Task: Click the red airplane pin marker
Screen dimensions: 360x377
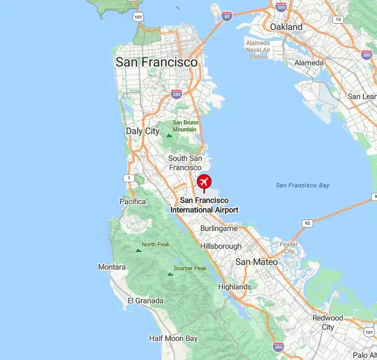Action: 204,182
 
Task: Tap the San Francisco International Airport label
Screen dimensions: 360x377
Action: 204,205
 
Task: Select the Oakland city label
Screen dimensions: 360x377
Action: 286,27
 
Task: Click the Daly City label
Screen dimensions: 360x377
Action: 142,131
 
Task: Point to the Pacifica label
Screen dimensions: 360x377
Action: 133,202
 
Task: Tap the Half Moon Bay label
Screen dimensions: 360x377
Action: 173,338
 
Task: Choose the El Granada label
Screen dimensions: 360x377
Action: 146,301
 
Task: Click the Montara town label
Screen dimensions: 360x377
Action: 112,267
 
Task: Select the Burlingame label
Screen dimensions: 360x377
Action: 219,228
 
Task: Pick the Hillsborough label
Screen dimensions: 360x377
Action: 221,246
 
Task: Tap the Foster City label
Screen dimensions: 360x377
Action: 289,248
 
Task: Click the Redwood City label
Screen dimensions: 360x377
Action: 328,322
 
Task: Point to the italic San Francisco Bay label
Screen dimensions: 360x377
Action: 302,185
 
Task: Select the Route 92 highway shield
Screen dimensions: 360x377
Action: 307,224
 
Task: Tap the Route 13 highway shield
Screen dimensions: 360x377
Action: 338,19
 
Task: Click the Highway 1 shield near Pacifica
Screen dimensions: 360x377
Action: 128,178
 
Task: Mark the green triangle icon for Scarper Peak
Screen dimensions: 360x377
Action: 170,274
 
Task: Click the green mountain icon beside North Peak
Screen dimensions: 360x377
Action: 138,250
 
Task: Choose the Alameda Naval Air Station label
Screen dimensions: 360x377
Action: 258,50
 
